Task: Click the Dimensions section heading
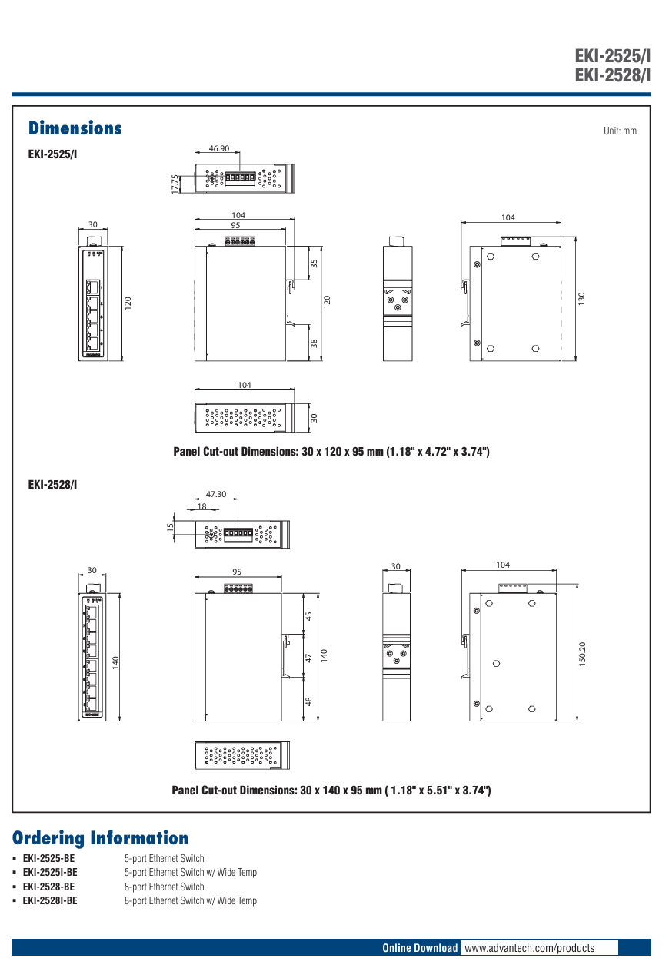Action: pyautogui.click(x=75, y=128)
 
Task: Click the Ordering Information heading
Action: pyautogui.click(x=100, y=838)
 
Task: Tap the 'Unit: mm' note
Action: pyautogui.click(x=620, y=131)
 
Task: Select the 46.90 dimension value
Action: pyautogui.click(x=218, y=149)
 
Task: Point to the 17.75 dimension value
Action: pyautogui.click(x=175, y=182)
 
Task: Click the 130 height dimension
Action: pyautogui.click(x=581, y=297)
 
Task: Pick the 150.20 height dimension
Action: pyautogui.click(x=582, y=654)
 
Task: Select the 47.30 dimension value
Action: pyautogui.click(x=216, y=494)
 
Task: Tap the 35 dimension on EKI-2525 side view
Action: pyautogui.click(x=314, y=263)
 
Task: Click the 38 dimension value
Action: pyautogui.click(x=314, y=343)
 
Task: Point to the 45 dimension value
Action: pyautogui.click(x=309, y=616)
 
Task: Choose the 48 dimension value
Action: pyautogui.click(x=309, y=701)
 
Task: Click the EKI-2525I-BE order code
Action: pyautogui.click(x=49, y=873)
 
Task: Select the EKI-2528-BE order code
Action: pyautogui.click(x=48, y=887)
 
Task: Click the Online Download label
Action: pyautogui.click(x=420, y=948)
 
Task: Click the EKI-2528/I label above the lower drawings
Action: pyautogui.click(x=52, y=485)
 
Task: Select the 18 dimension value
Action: pyautogui.click(x=201, y=506)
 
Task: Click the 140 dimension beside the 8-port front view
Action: pyautogui.click(x=115, y=661)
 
